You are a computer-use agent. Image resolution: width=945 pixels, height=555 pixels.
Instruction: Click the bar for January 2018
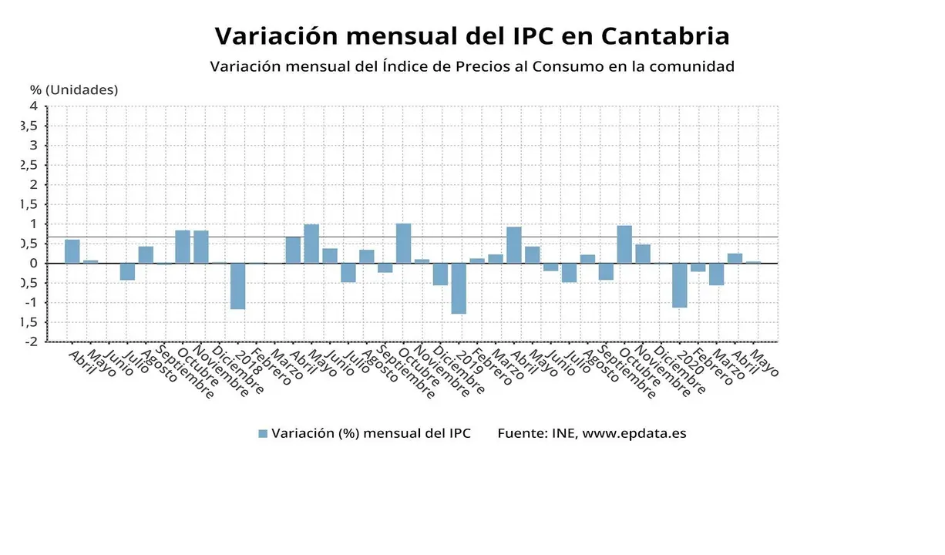(237, 286)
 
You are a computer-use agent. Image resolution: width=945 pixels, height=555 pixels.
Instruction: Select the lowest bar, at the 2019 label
(459, 288)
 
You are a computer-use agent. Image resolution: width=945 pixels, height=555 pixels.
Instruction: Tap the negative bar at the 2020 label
(679, 285)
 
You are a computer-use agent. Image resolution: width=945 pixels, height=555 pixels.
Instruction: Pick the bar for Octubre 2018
(403, 244)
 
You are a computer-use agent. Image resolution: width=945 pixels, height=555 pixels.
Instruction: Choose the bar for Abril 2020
(735, 258)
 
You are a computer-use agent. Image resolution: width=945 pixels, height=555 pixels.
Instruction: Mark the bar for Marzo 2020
(716, 274)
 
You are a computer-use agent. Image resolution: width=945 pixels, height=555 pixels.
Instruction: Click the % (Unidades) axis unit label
(74, 89)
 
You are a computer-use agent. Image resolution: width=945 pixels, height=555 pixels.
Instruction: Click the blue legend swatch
(263, 433)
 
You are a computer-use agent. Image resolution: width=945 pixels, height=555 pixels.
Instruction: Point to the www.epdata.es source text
(634, 433)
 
